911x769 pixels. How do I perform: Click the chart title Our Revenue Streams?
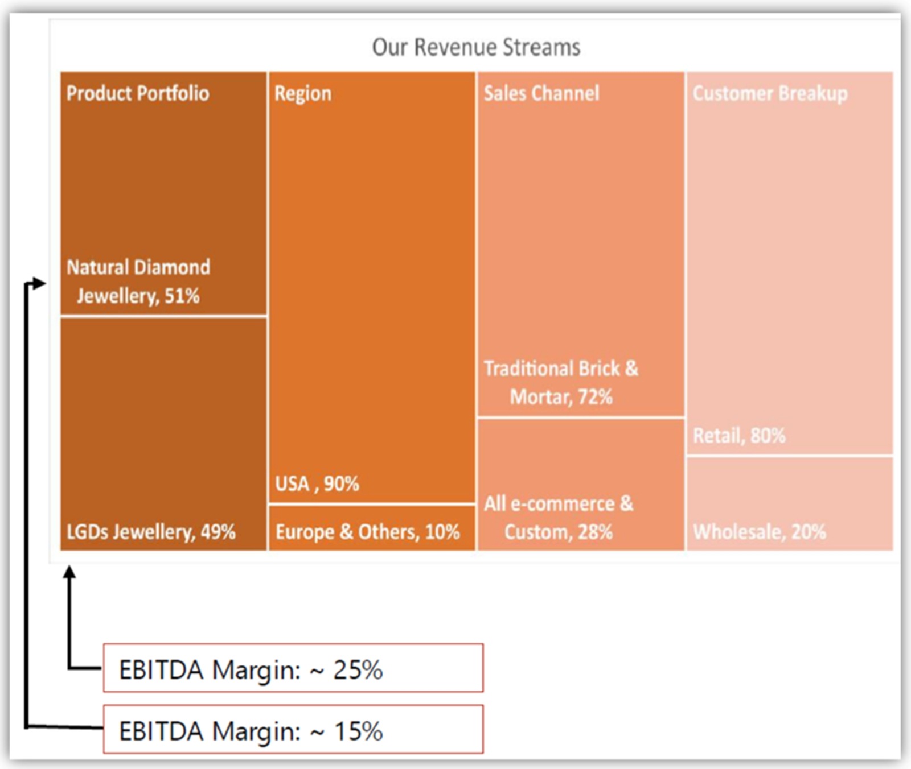[476, 47]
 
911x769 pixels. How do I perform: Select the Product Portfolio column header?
[138, 93]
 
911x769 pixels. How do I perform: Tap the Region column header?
[303, 93]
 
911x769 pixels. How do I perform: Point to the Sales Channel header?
[541, 93]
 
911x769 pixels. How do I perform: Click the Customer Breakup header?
[770, 93]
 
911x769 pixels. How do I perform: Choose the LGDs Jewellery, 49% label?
[151, 532]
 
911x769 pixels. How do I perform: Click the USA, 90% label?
[317, 484]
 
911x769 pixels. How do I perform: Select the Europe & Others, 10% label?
[368, 532]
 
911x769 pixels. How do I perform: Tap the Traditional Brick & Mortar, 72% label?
[561, 382]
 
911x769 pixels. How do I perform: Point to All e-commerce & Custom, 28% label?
[559, 518]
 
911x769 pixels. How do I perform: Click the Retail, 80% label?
[739, 436]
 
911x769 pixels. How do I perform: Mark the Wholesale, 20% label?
[760, 532]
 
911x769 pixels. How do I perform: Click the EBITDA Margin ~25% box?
[293, 668]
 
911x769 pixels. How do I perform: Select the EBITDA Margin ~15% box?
[293, 730]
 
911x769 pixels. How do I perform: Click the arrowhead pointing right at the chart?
[39, 283]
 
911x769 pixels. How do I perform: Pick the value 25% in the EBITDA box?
[358, 670]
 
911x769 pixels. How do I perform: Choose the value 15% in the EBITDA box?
[358, 731]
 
